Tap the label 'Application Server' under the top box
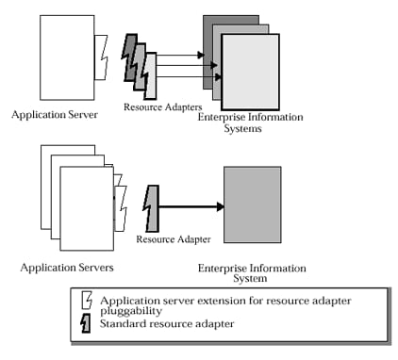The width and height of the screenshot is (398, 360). [58, 115]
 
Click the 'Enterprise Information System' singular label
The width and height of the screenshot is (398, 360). [239, 273]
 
